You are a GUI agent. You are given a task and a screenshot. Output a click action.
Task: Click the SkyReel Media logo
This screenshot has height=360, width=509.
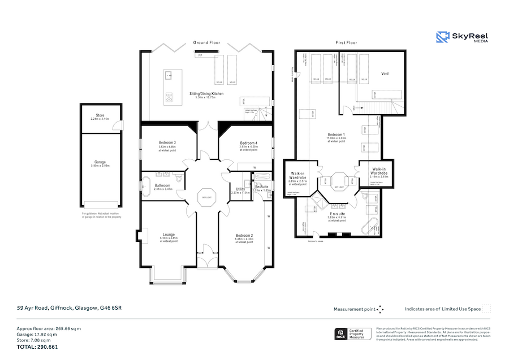461,37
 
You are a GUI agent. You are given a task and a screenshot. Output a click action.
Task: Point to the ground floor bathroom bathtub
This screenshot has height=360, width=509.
145,185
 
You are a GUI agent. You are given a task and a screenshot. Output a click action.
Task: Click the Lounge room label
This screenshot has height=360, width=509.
169,234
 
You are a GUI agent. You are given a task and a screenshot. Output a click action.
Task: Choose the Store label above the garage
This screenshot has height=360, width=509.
100,115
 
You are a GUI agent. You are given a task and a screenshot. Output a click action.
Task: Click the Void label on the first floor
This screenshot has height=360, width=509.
385,73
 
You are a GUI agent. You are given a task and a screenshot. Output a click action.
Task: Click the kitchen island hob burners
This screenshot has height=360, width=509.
168,97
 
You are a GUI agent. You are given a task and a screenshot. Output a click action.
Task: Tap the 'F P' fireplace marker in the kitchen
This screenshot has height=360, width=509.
200,55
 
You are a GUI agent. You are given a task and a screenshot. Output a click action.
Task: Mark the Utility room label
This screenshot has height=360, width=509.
240,189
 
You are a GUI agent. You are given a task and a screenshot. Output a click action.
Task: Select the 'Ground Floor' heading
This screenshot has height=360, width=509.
206,42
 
